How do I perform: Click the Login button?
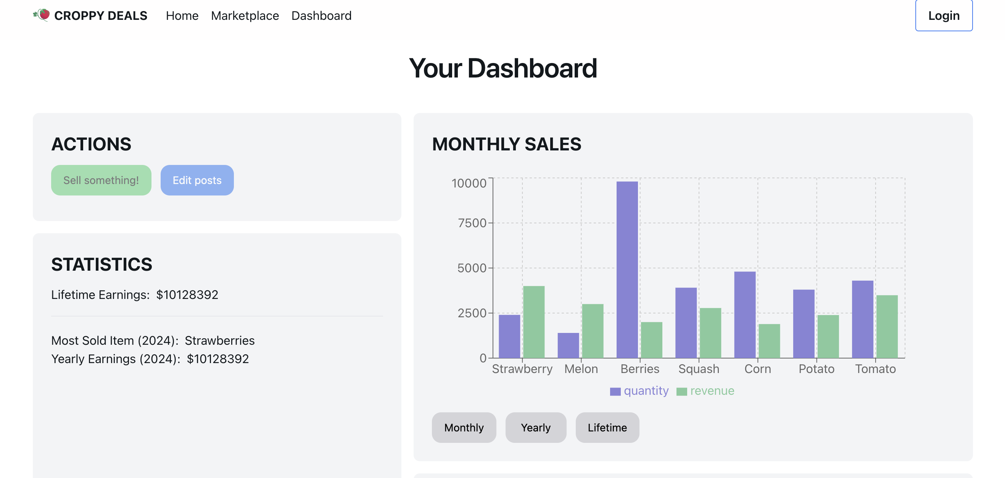coord(943,16)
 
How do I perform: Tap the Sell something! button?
coord(101,180)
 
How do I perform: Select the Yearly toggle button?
coord(535,427)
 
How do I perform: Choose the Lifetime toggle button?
coord(607,427)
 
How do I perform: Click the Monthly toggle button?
coord(464,427)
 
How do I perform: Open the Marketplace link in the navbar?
coord(245,16)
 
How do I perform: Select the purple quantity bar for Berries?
coord(627,270)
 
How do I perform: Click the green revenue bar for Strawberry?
coord(533,322)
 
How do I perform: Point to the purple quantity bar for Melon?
coord(568,345)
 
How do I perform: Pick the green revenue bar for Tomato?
coord(886,326)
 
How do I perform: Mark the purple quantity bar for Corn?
coord(744,314)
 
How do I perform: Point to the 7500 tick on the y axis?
coord(472,223)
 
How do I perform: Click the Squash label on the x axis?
coord(698,369)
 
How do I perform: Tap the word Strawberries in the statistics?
coord(219,341)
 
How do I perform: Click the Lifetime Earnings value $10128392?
coord(187,294)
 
